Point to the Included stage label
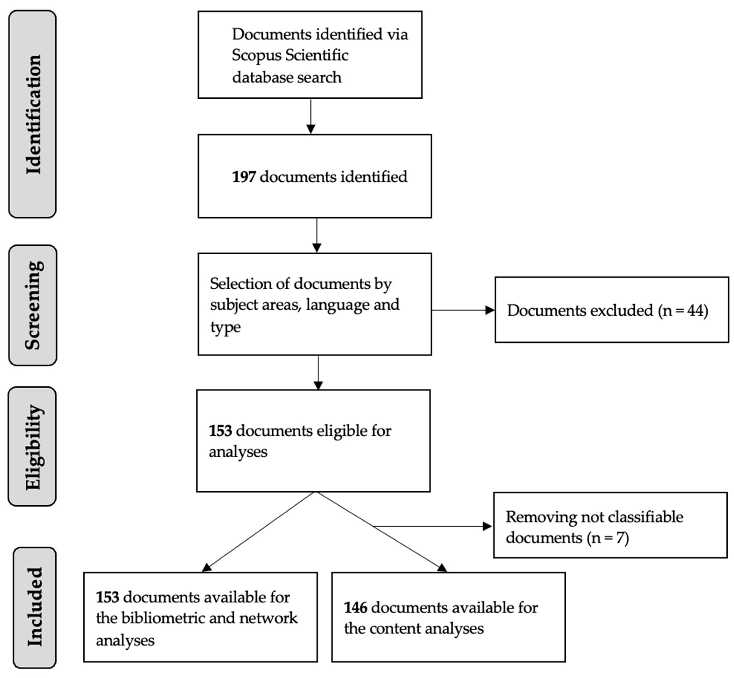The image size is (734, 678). [35, 607]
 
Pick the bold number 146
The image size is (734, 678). [355, 608]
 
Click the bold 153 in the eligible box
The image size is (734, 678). [220, 431]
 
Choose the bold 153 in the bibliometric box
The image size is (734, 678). [108, 597]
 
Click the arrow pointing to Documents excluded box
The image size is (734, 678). [489, 310]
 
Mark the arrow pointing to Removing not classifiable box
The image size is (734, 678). [487, 527]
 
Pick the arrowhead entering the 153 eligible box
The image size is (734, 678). [318, 385]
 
